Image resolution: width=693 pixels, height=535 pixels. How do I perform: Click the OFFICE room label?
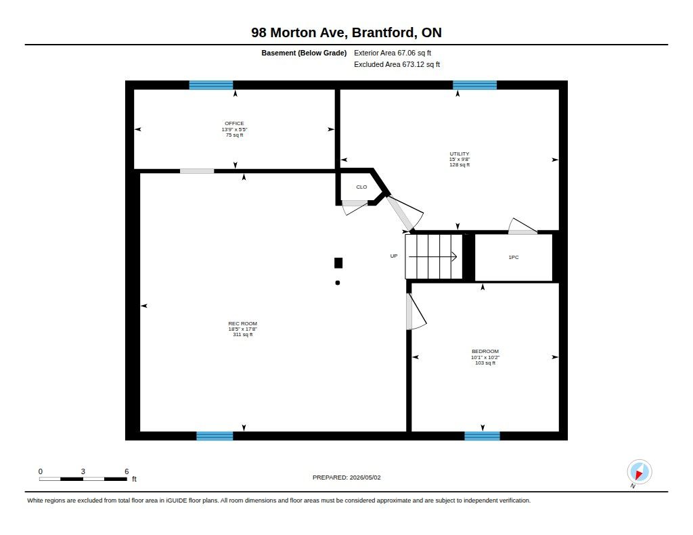pos(234,123)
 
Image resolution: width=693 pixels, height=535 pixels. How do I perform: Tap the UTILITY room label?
pos(460,154)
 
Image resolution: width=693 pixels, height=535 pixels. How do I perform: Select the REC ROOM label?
pos(243,323)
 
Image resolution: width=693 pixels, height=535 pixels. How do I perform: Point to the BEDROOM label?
pos(485,351)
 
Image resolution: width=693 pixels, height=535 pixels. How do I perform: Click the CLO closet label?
pos(361,187)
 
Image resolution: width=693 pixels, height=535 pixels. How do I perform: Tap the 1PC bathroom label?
pos(514,257)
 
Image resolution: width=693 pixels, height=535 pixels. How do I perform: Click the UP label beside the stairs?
pos(394,256)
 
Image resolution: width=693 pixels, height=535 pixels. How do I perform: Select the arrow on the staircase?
pos(432,256)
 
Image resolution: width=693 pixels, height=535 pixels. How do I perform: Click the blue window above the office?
pos(211,85)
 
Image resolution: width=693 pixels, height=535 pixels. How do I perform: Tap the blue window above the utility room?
pos(474,85)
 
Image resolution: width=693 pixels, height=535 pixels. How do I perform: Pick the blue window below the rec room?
pos(215,436)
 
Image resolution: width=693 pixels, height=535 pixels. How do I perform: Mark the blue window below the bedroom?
pos(482,436)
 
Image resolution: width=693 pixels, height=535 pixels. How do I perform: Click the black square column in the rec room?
pos(338,263)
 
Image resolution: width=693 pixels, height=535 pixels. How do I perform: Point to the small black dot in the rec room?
pos(338,283)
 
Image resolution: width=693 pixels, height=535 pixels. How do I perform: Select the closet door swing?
pos(355,209)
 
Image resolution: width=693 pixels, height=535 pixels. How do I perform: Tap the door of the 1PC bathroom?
pos(522,226)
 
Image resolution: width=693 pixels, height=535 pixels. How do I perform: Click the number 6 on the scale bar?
pos(127,471)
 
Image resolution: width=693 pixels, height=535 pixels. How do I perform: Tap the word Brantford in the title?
pos(384,32)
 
